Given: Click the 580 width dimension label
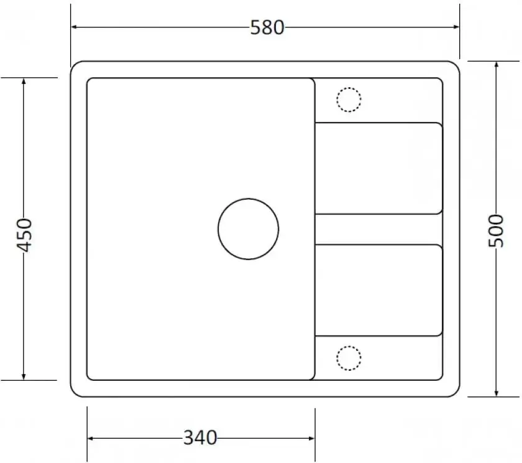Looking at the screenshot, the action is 267,27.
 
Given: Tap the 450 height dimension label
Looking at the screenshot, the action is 24,235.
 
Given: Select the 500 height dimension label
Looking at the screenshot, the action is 496,231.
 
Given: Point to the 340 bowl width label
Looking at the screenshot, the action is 200,437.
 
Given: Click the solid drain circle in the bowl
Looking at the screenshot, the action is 249,199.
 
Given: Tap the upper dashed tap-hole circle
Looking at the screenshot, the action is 349,88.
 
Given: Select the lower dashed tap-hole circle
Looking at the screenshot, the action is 349,346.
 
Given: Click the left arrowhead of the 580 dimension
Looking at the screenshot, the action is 75,27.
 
